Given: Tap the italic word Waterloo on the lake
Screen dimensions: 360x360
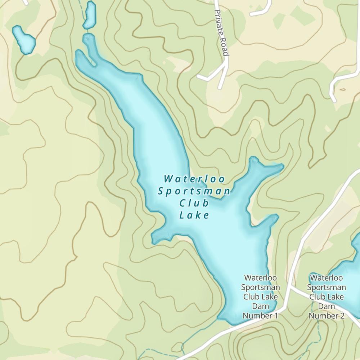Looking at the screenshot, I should point(194,179).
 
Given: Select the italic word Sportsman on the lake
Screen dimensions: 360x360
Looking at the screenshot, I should point(194,191).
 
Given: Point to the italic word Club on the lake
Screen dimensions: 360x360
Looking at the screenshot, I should point(194,203).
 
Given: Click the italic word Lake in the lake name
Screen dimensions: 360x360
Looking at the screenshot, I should point(194,216).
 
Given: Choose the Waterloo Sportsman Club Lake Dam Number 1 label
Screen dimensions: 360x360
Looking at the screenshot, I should point(260,297).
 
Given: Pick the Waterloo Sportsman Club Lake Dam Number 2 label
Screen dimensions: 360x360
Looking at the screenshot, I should point(327,297).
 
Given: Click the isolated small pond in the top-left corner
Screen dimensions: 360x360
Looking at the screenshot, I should point(24,39).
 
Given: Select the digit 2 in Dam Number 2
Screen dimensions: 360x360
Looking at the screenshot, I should point(342,316).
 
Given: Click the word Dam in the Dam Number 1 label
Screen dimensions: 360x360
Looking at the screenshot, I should point(260,306).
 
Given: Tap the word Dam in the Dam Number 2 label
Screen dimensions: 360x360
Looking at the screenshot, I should point(327,306).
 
